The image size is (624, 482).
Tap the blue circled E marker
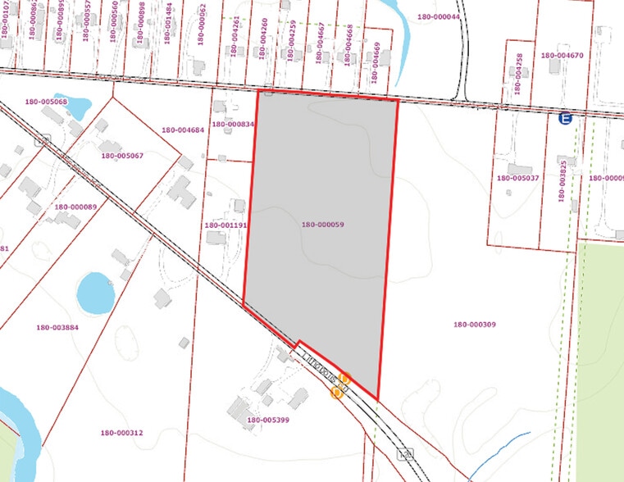click(564, 119)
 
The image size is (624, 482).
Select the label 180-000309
click(474, 325)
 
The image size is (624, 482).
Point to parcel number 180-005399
click(266, 420)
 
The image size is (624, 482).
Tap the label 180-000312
click(121, 433)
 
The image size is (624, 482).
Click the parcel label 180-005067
click(121, 155)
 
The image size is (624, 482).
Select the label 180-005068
click(46, 102)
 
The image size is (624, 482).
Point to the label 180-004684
click(183, 130)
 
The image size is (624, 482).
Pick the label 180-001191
click(225, 225)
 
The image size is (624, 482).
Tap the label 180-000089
click(77, 207)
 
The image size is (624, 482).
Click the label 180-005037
click(517, 178)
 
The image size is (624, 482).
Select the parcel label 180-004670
click(563, 56)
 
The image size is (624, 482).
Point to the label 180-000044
click(438, 16)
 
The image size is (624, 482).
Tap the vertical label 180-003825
click(563, 174)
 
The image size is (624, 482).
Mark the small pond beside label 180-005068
click(77, 106)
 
